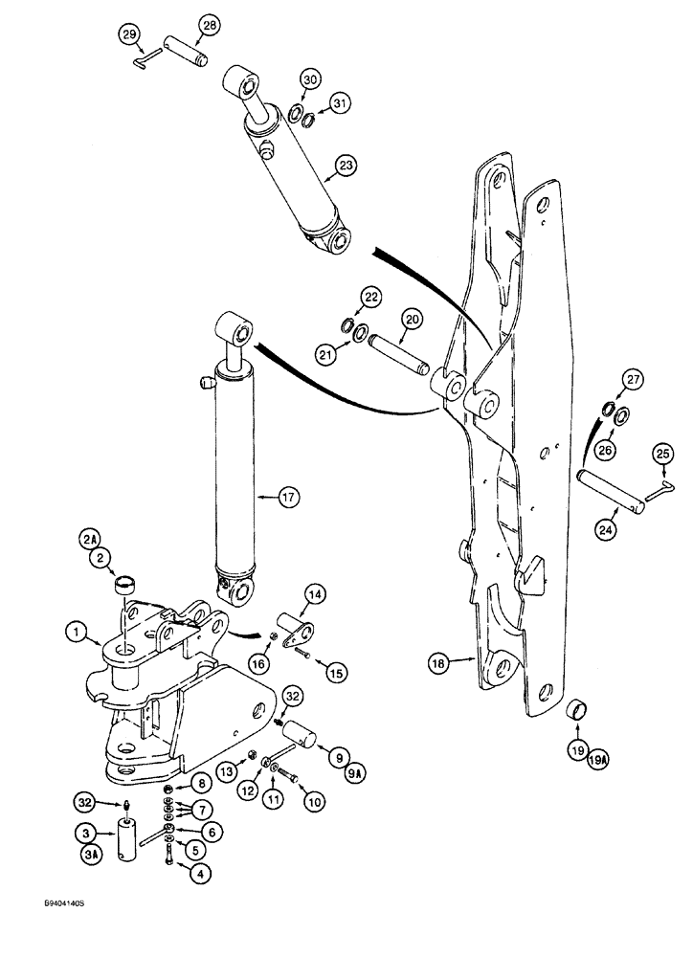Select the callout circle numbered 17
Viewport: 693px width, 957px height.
click(284, 496)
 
